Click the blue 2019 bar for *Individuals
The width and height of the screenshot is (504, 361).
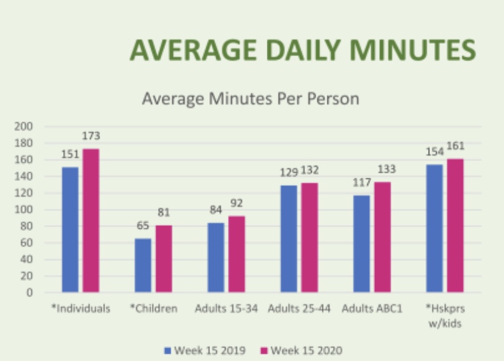pos(70,230)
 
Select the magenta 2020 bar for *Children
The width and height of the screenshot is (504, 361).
pos(164,259)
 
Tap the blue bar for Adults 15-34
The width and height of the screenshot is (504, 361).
pos(216,257)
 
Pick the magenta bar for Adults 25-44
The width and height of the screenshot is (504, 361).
pos(309,237)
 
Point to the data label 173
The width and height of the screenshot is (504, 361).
pos(91,136)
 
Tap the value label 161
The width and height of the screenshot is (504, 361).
pos(455,146)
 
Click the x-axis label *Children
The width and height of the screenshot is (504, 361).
pos(153,309)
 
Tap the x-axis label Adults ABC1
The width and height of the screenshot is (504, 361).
pos(372,309)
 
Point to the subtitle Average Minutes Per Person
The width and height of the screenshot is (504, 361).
pos(251,99)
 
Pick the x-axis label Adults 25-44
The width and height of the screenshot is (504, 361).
pos(300,309)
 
